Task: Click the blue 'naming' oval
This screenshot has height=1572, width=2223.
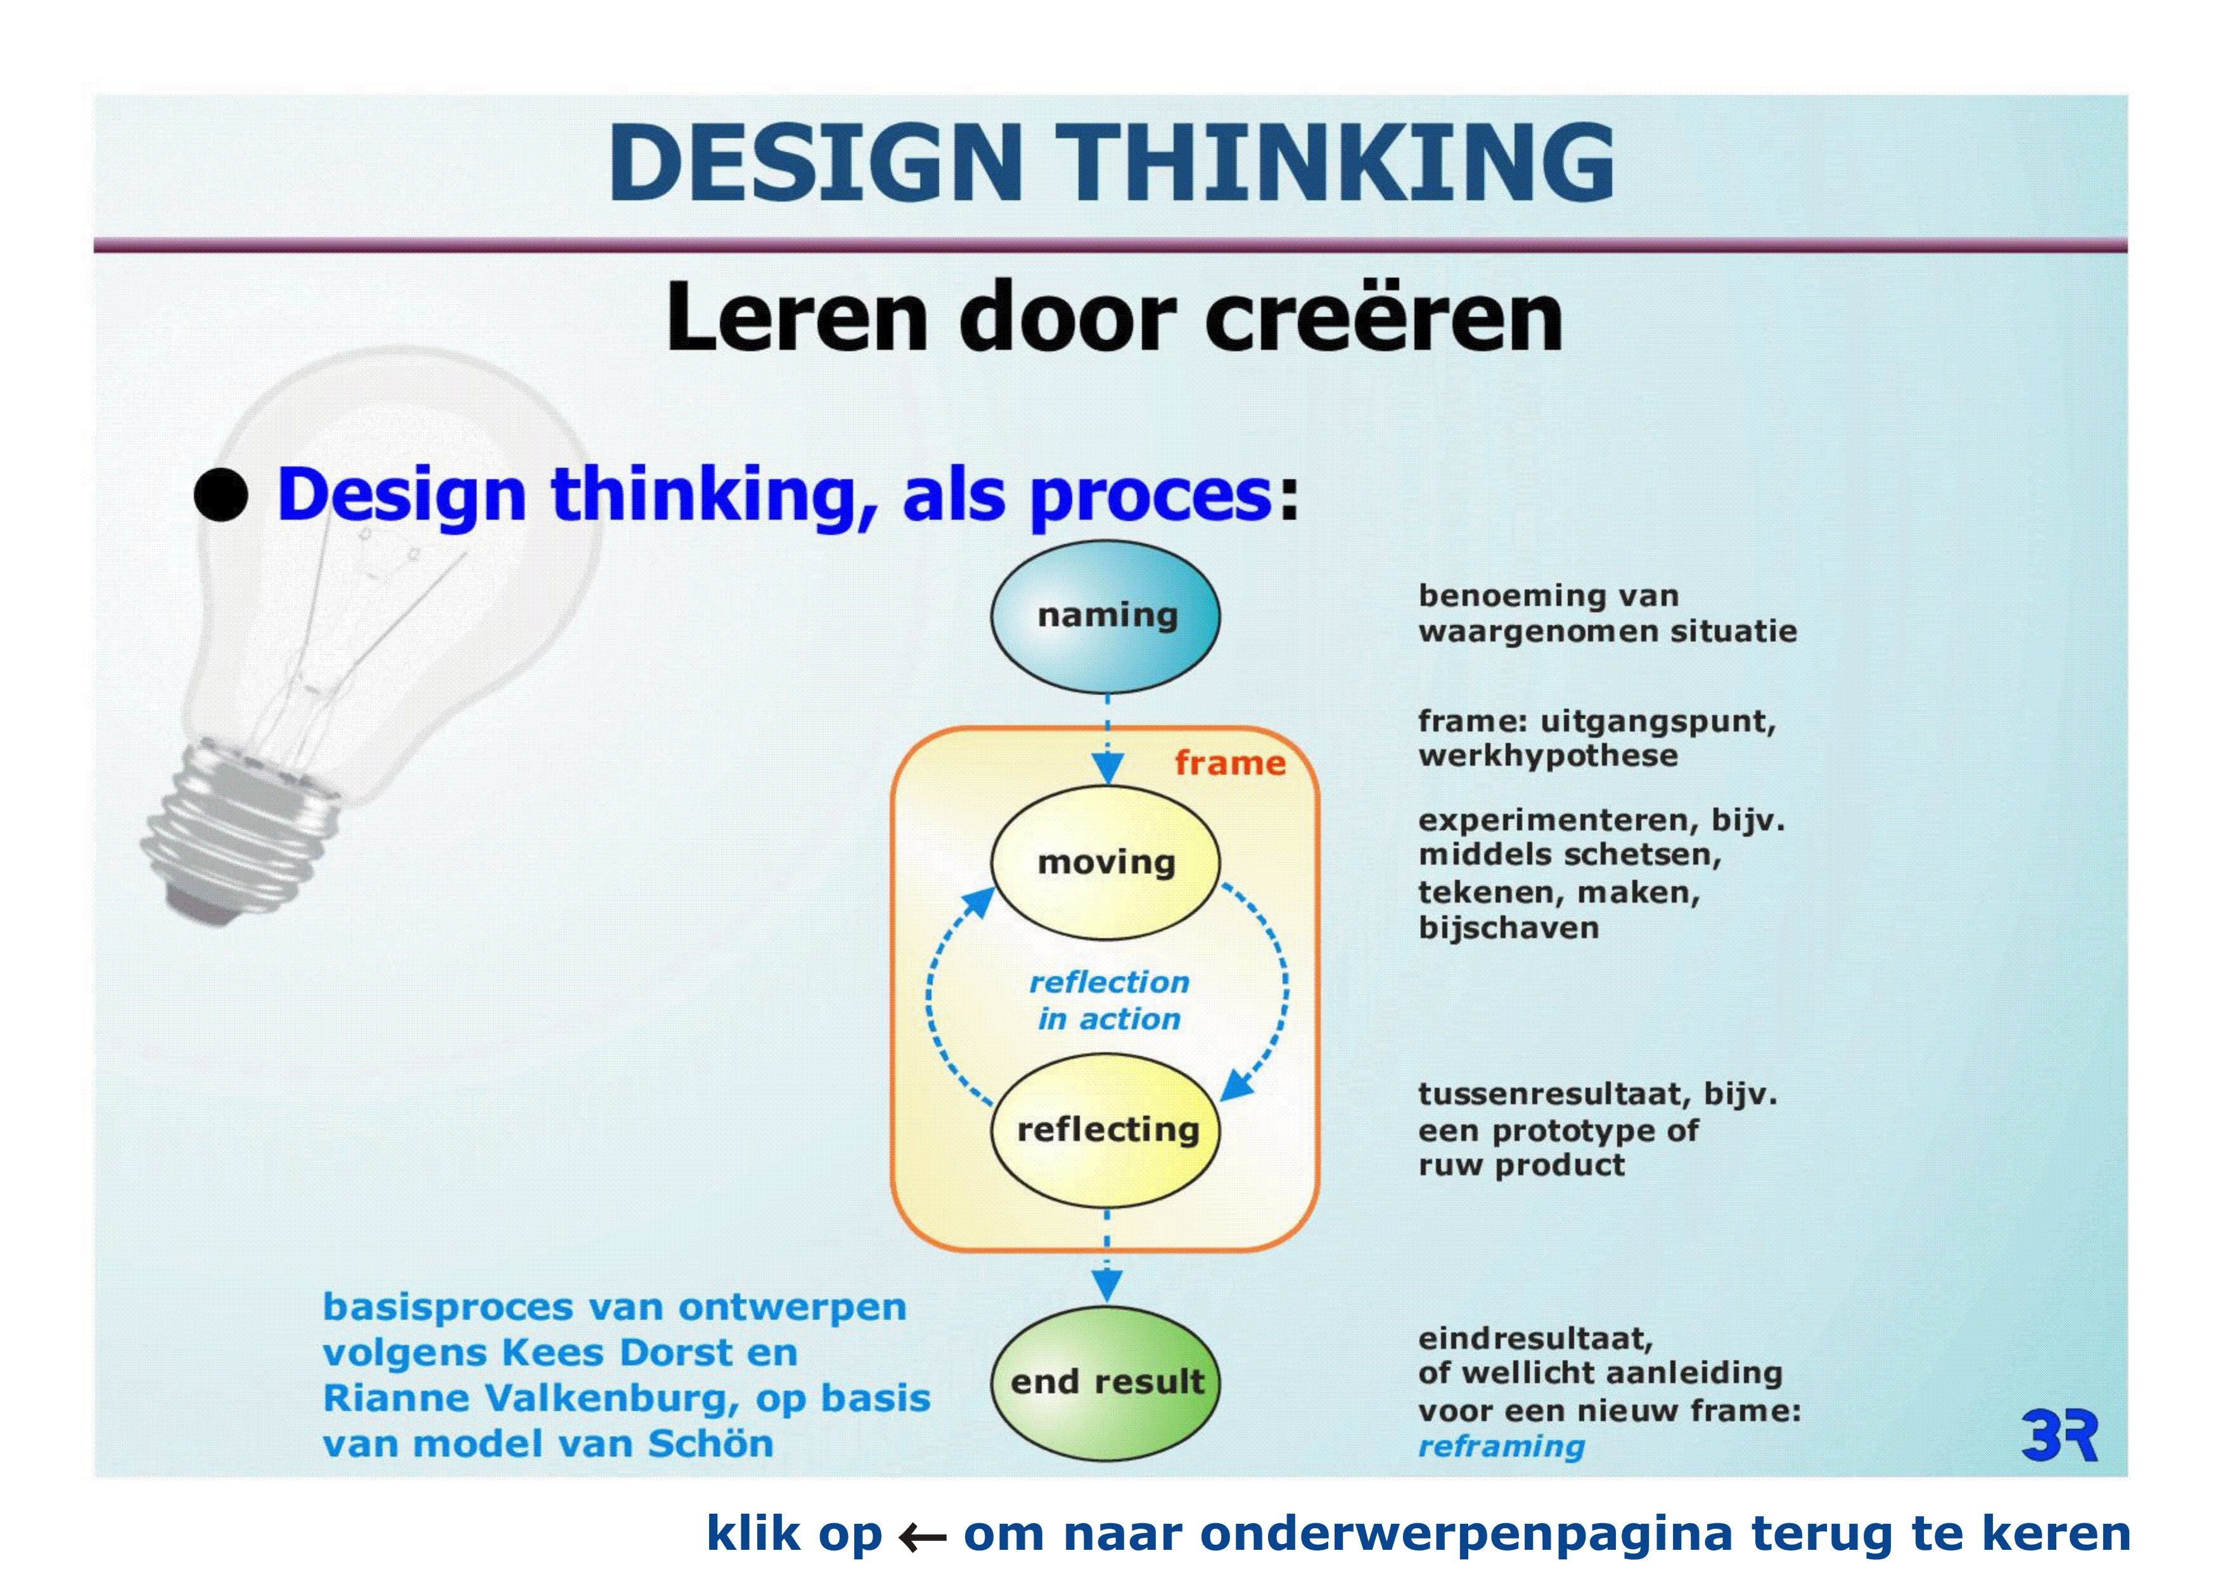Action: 1105,616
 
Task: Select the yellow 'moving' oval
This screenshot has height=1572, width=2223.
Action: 1105,862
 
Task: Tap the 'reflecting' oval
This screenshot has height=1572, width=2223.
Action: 1106,1130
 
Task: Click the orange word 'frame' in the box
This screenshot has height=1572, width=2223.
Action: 1229,763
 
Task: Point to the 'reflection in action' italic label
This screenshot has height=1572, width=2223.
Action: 1108,1000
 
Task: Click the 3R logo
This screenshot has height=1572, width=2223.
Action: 2060,1436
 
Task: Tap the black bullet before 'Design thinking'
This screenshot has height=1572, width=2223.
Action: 221,496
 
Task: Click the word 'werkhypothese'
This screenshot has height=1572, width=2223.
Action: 1547,756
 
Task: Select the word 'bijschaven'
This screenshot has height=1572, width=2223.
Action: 1508,928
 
